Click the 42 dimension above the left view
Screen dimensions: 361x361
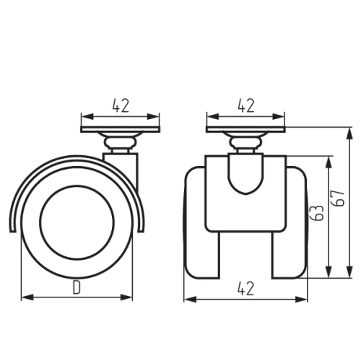tap(121, 105)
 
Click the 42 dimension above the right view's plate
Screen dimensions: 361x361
tap(246, 105)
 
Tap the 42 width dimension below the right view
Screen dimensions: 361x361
tap(245, 289)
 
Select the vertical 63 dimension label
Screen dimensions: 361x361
tap(316, 213)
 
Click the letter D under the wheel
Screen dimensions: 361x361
tap(77, 287)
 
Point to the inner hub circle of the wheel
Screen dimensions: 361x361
tap(77, 222)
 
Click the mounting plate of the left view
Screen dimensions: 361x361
tap(121, 129)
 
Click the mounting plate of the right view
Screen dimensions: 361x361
tap(245, 129)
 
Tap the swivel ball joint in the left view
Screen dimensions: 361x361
tap(121, 143)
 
